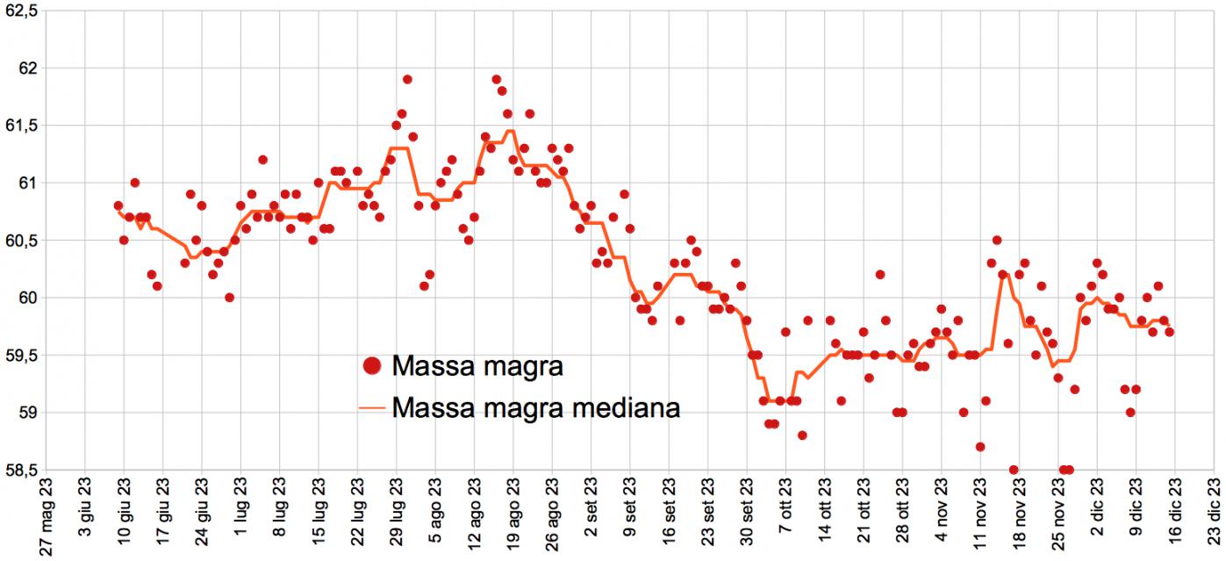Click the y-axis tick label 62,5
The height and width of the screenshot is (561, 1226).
click(21, 11)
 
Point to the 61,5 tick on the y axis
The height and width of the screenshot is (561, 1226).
click(21, 126)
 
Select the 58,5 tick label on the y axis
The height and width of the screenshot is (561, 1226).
click(21, 470)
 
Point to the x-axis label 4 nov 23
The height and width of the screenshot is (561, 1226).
click(942, 518)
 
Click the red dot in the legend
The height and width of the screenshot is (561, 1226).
click(372, 366)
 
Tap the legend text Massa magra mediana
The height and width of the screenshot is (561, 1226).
click(536, 408)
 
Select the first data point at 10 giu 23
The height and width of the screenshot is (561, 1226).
click(118, 205)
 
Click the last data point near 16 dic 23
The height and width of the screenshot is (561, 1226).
click(1169, 332)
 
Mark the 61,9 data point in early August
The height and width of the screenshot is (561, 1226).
click(407, 79)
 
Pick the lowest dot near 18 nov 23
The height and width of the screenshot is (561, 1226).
click(1014, 470)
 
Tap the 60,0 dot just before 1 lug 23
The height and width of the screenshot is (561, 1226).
click(229, 298)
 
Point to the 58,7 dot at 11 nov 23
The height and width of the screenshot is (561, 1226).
click(980, 447)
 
